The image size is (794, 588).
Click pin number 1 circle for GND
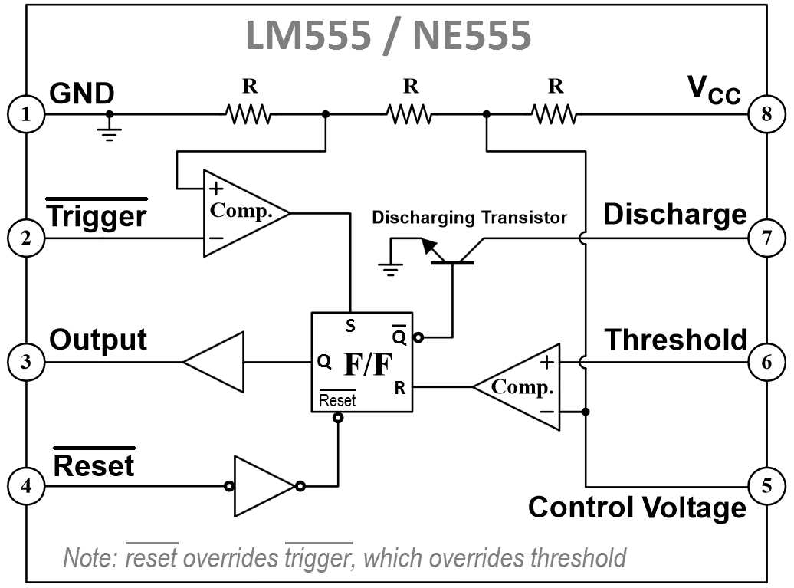(26, 114)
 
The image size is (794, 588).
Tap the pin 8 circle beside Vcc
(766, 114)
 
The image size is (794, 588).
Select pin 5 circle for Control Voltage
(766, 486)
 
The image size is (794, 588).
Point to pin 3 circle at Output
(26, 362)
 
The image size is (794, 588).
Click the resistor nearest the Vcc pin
(554, 114)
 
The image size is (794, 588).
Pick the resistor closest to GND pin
(248, 114)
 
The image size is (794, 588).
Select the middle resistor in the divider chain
(410, 114)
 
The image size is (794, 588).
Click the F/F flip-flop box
(362, 362)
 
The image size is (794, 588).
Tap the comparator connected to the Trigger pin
(247, 213)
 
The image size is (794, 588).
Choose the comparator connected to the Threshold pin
(517, 386)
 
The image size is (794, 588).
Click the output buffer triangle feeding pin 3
(214, 362)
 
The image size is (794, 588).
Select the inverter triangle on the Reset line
(264, 486)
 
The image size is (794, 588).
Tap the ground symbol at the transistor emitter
(390, 269)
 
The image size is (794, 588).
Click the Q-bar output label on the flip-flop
(399, 335)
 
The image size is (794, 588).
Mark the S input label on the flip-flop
(350, 326)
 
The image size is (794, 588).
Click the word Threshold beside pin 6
(676, 340)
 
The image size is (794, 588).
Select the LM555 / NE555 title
(389, 35)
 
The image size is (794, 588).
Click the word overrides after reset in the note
(231, 558)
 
